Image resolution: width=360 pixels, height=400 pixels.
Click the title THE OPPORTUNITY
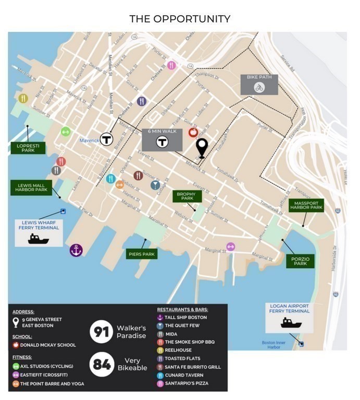(180, 19)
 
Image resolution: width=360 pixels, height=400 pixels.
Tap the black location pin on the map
(202, 147)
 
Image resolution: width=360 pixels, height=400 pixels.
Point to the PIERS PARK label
(142, 254)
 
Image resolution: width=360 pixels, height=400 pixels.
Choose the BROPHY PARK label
(184, 196)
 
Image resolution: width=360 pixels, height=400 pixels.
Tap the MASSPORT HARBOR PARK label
(306, 206)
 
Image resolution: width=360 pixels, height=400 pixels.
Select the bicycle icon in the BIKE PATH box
(259, 87)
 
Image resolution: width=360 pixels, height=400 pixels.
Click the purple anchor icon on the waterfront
(76, 251)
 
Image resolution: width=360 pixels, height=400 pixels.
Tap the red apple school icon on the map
(193, 132)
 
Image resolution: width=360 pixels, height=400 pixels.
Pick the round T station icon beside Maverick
(107, 139)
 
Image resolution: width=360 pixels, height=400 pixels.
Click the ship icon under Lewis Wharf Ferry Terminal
(39, 239)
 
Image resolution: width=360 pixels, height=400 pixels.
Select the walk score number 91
(101, 332)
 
